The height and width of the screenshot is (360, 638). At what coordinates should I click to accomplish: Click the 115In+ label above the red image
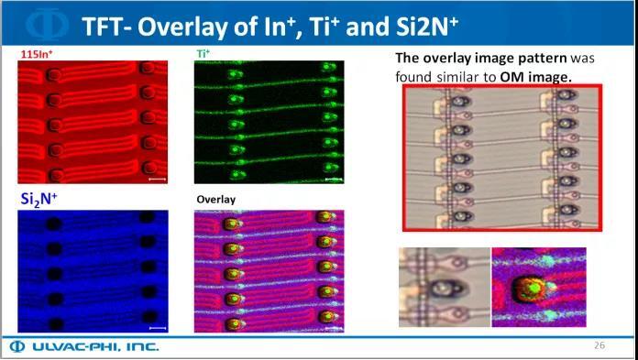(x=38, y=55)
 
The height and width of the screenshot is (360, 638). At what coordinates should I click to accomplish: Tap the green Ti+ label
(x=203, y=55)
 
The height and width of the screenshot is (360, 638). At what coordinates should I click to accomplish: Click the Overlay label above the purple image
(x=216, y=199)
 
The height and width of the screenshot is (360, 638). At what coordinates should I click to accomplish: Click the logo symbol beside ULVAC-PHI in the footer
(x=17, y=346)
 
